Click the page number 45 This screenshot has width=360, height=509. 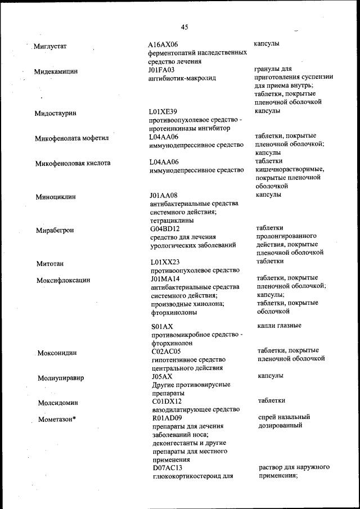(185, 26)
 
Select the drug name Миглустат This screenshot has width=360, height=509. (51, 46)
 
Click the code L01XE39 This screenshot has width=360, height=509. (163, 112)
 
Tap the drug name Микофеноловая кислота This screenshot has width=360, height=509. (73, 163)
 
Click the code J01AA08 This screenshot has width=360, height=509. (164, 195)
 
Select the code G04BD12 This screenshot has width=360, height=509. (165, 229)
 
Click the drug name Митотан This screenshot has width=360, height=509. (49, 263)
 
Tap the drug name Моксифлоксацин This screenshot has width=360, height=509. (63, 280)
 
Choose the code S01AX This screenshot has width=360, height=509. (162, 326)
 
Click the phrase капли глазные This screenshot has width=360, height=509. (279, 326)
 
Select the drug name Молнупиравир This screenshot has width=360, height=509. (61, 378)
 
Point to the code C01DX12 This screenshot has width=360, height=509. (166, 402)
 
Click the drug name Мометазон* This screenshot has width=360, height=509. (57, 420)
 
